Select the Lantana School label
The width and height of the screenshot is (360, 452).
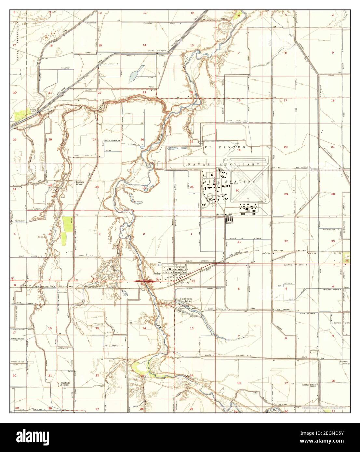[x=80, y=182]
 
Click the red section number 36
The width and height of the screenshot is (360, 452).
[x=192, y=187]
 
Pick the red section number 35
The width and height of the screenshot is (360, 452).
[x=144, y=188]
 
